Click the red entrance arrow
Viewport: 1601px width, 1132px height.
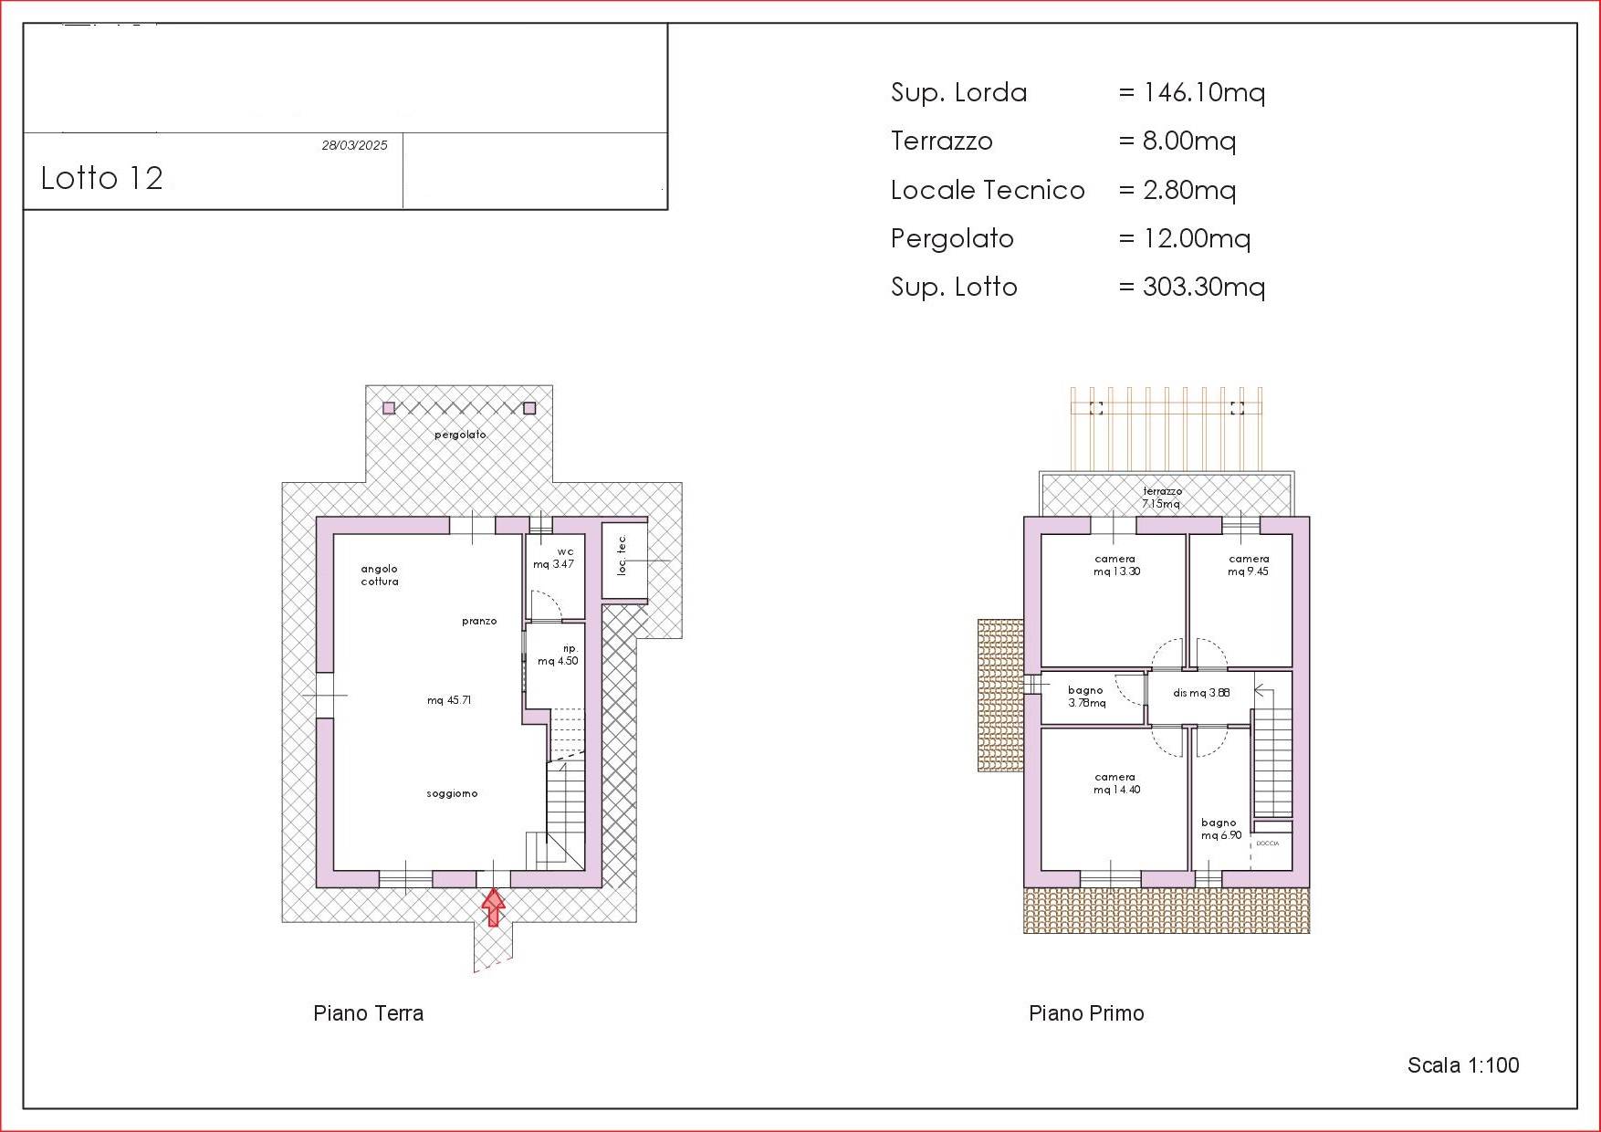(x=494, y=908)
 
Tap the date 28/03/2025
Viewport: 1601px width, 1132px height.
(x=354, y=145)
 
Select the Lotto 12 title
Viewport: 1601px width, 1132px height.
(x=101, y=178)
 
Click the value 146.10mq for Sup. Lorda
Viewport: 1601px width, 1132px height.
(x=1204, y=92)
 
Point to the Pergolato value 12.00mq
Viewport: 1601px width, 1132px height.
(x=1197, y=238)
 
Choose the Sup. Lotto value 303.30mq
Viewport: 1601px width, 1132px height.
(x=1204, y=287)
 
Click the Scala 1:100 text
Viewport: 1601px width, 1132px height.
(x=1463, y=1065)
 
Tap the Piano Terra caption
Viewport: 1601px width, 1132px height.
(x=368, y=1013)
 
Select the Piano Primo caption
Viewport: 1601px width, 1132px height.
(x=1086, y=1013)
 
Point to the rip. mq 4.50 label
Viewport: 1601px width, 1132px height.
(x=559, y=655)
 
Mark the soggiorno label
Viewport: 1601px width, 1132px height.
(x=452, y=794)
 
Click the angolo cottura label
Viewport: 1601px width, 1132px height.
(x=380, y=575)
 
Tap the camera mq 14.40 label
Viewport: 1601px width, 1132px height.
(x=1116, y=783)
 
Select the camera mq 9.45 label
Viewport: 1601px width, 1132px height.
(x=1249, y=565)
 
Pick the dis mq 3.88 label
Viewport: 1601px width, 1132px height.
(x=1201, y=693)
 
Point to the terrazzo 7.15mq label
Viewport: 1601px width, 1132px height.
(x=1162, y=498)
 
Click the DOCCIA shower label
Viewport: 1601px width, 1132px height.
(x=1268, y=844)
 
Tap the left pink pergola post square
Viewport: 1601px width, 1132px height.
(x=389, y=408)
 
